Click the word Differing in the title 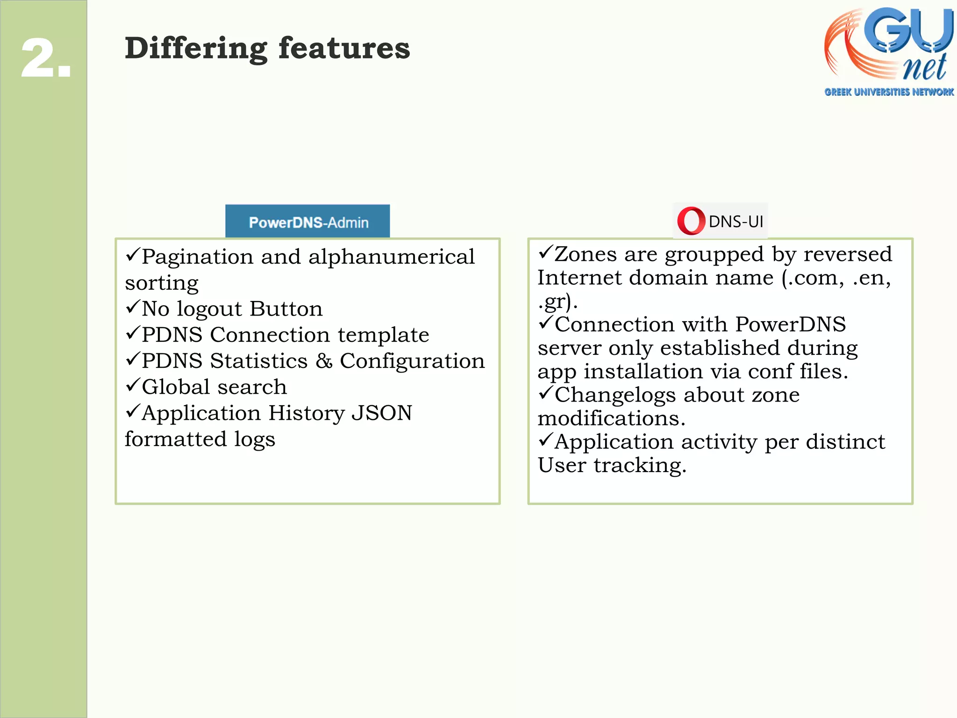195,49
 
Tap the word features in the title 344,48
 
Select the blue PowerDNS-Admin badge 307,222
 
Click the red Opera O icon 691,221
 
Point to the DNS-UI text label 736,222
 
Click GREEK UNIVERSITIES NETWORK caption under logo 889,92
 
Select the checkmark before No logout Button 133,307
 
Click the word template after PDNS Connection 383,335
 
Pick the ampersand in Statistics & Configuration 324,361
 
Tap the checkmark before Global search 133,385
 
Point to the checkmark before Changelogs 545,393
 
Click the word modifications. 611,418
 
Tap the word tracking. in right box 640,466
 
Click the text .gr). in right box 557,302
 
